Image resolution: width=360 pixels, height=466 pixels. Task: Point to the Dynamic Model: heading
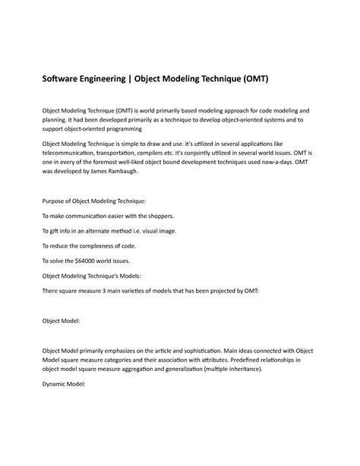point(65,384)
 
